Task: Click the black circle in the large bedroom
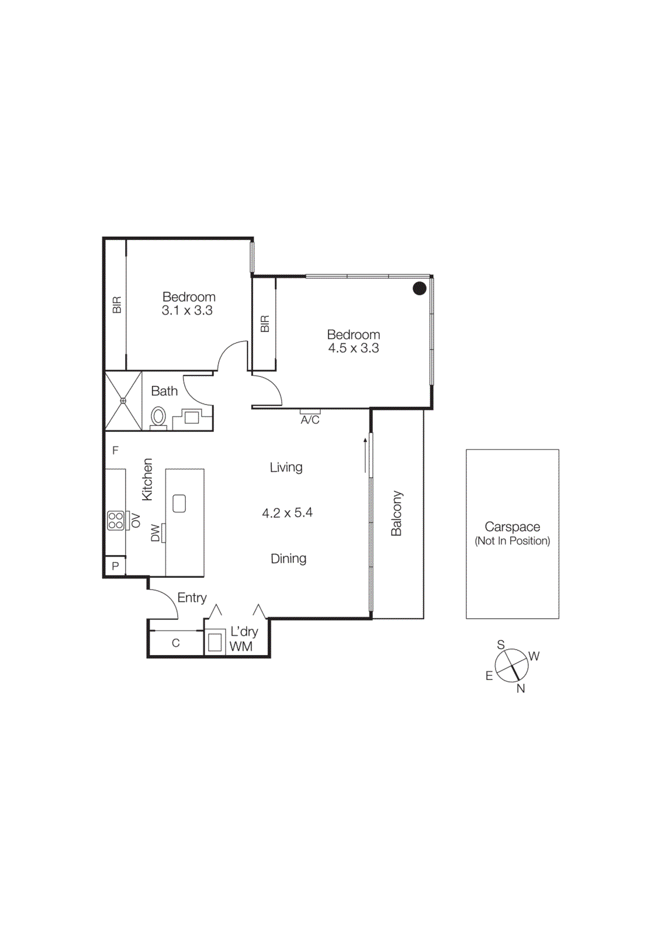(420, 288)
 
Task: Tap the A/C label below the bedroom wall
(310, 420)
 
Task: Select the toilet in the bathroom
(158, 417)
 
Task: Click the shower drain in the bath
(123, 401)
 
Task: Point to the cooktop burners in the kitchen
(116, 520)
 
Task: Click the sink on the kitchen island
(179, 503)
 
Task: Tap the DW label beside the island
(155, 532)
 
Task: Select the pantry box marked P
(115, 566)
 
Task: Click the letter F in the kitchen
(115, 450)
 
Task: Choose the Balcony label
(397, 513)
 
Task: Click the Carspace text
(512, 527)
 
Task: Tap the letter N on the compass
(521, 689)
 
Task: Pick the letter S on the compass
(501, 645)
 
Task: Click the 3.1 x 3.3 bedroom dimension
(187, 311)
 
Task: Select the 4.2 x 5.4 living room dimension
(287, 513)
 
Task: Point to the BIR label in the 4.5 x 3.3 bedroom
(265, 324)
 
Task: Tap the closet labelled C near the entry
(175, 643)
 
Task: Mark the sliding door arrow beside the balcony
(365, 455)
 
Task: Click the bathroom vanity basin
(192, 417)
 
